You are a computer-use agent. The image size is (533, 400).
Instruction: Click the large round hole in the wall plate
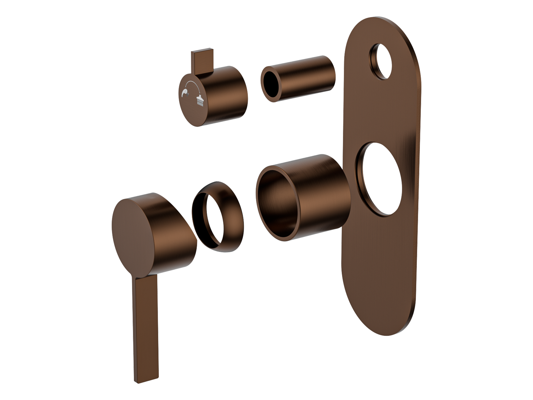pos(381,180)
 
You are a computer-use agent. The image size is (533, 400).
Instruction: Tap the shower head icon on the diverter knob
pos(200,101)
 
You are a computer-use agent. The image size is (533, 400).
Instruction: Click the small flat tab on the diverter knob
pos(201,62)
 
